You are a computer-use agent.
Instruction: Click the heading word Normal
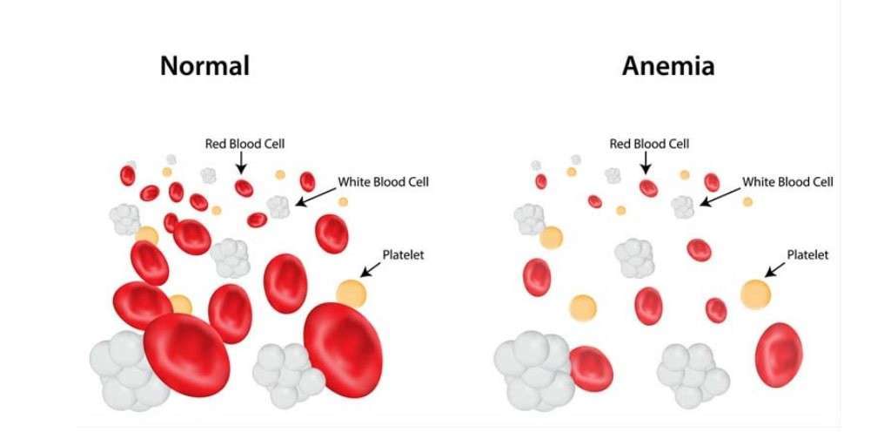[x=204, y=65]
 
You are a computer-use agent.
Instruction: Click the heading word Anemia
[x=668, y=65]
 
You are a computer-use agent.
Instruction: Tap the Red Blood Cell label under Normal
[x=245, y=144]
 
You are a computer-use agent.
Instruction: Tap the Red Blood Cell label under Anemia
[x=649, y=144]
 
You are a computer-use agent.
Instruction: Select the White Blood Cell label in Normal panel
[x=384, y=182]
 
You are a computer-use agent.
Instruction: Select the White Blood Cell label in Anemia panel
[x=788, y=182]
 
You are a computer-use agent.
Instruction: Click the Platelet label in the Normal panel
[x=404, y=255]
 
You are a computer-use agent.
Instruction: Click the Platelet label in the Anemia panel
[x=807, y=255]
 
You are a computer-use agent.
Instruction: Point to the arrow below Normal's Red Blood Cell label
[x=242, y=163]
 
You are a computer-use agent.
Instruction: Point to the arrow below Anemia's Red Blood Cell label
[x=646, y=163]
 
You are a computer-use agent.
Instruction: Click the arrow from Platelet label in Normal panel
[x=371, y=270]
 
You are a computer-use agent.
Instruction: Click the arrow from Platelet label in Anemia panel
[x=775, y=270]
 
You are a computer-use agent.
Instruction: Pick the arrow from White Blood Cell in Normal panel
[x=316, y=197]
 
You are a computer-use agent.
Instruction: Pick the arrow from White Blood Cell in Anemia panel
[x=720, y=197]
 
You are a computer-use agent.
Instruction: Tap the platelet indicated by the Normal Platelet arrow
[x=352, y=294]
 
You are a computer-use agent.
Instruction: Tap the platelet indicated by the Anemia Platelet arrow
[x=756, y=294]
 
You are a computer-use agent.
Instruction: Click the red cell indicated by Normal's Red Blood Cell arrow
[x=245, y=188]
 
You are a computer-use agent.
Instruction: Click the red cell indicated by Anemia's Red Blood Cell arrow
[x=648, y=188]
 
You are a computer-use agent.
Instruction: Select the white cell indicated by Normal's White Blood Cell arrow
[x=279, y=207]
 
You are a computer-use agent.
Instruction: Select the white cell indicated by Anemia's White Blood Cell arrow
[x=683, y=207]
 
